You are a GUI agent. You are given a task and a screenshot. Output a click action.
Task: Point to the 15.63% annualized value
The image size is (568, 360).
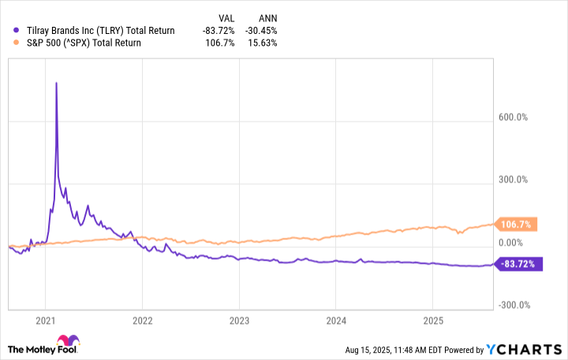pyautogui.click(x=262, y=43)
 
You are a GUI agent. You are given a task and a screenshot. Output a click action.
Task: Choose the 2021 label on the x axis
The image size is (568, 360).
pyautogui.click(x=45, y=321)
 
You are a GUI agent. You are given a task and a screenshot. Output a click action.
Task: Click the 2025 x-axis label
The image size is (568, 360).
pyautogui.click(x=432, y=321)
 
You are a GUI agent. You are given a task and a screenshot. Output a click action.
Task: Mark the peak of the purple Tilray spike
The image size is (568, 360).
pyautogui.click(x=56, y=83)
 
